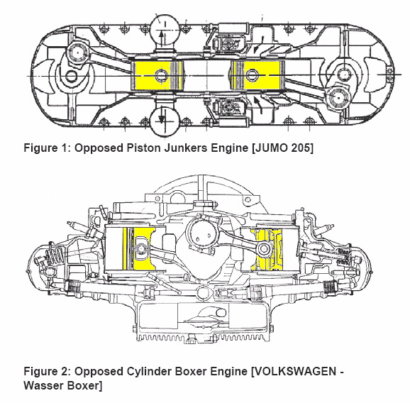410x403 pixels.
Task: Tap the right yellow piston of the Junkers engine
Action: (257, 75)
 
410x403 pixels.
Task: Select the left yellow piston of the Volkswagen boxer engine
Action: (138, 248)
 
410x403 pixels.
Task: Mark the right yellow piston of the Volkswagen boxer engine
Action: (267, 248)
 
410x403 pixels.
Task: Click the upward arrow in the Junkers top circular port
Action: (161, 38)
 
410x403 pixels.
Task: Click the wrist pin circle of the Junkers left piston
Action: (161, 76)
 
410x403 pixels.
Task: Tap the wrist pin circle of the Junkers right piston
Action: (252, 75)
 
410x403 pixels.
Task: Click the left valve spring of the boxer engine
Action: (55, 255)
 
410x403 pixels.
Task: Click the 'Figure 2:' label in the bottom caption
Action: (47, 371)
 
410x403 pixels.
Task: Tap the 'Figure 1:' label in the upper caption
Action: (47, 148)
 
